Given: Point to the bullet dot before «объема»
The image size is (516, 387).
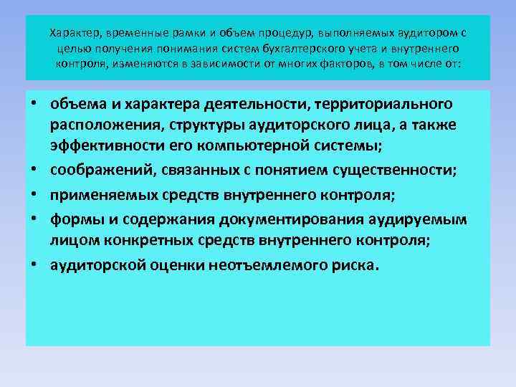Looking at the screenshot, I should point(33,105).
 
